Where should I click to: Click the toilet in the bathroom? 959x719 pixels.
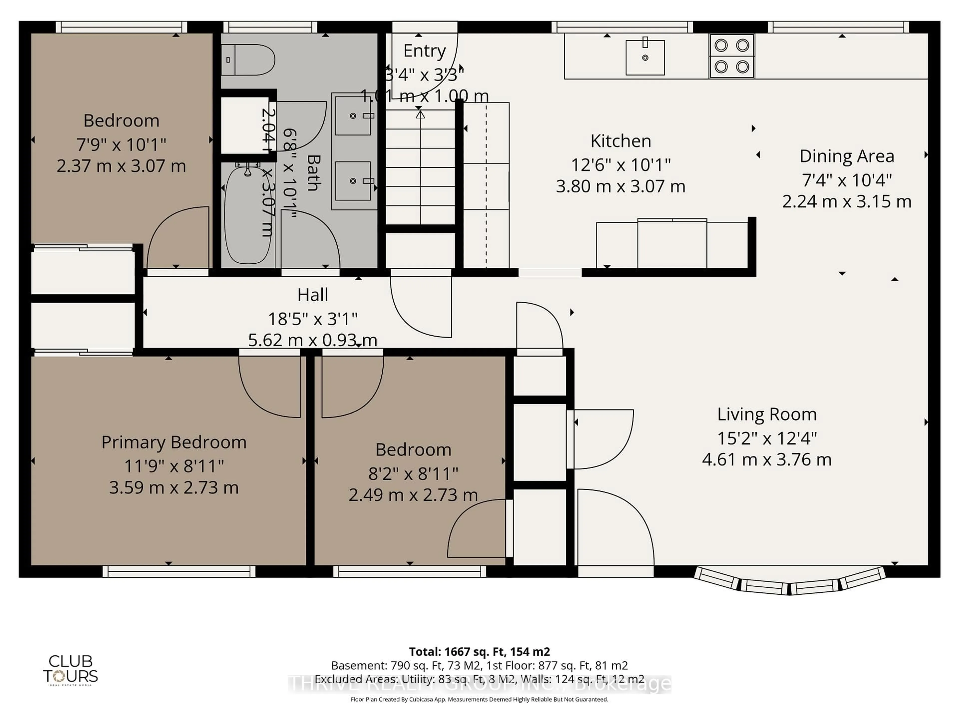coord(249,60)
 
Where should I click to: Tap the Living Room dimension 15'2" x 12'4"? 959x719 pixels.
coord(766,438)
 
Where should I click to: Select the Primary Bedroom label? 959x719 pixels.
coord(174,442)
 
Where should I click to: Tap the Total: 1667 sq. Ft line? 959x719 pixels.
coord(479,651)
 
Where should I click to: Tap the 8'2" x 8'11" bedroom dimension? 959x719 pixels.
coord(413,474)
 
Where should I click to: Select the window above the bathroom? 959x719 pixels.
coord(270,27)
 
